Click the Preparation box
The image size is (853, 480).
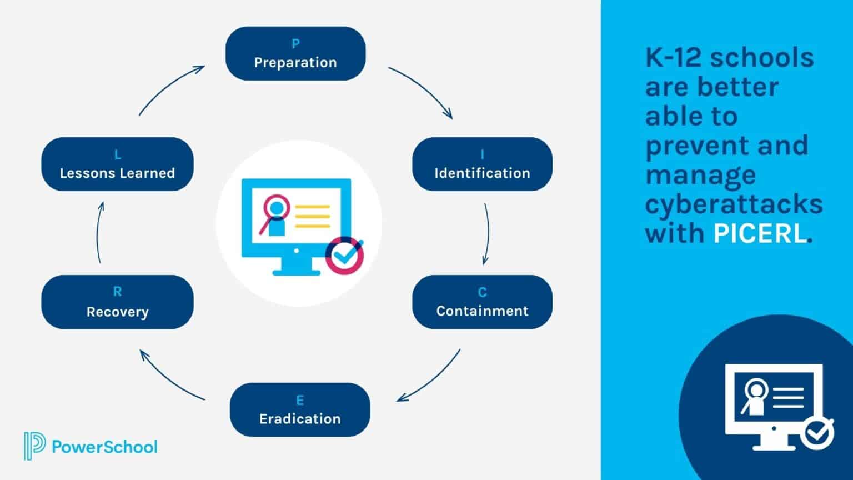tap(295, 53)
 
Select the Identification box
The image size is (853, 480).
tap(482, 164)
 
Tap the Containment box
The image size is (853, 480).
tap(482, 302)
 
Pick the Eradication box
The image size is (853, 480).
tap(300, 409)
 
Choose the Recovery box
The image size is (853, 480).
tap(117, 302)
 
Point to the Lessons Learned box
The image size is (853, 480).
tap(117, 164)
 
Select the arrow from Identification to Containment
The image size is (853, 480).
tap(487, 233)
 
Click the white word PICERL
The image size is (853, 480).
tap(759, 233)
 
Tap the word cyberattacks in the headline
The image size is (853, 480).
tap(734, 204)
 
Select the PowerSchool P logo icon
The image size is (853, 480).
tap(34, 446)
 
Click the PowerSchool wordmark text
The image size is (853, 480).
tap(104, 447)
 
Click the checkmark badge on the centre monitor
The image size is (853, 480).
tap(344, 256)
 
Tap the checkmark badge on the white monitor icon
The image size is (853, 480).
tap(816, 433)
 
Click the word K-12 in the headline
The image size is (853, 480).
tap(674, 57)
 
